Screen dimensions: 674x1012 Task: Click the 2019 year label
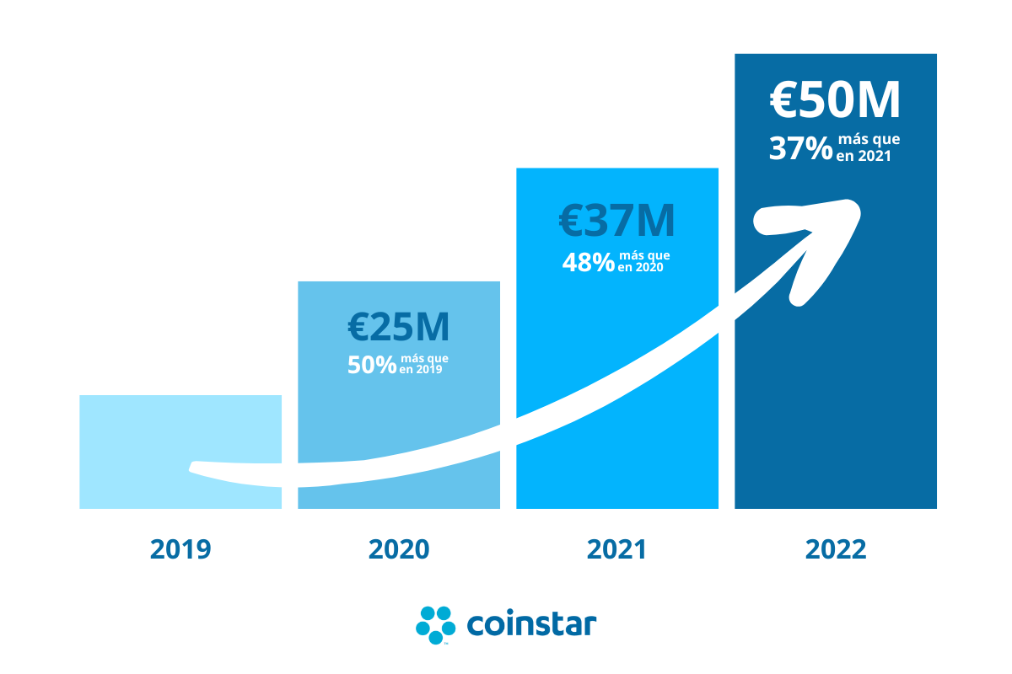[180, 549]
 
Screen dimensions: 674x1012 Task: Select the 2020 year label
[399, 549]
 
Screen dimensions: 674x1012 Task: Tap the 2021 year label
[616, 549]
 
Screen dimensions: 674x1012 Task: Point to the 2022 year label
[836, 549]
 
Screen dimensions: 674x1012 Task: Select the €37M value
[616, 220]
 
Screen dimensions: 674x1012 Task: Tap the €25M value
[398, 328]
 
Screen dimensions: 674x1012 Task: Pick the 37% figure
[800, 149]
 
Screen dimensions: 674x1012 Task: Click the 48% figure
[589, 263]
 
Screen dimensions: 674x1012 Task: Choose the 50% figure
[372, 365]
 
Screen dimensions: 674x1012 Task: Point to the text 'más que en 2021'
[867, 147]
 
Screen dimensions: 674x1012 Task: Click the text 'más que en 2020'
[645, 261]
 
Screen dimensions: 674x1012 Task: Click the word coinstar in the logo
[531, 625]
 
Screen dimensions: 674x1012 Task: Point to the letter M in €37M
[655, 220]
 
